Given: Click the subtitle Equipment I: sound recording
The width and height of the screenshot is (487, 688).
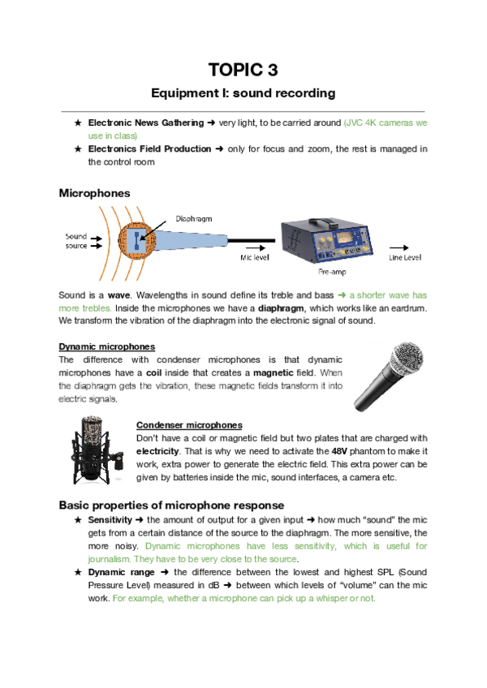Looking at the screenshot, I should tap(243, 93).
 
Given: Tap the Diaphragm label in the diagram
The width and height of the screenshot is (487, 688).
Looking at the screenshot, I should tap(195, 218).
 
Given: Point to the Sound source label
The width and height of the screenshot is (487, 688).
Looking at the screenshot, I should tap(76, 241).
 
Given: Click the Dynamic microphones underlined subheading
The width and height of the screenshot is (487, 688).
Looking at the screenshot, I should tap(107, 347).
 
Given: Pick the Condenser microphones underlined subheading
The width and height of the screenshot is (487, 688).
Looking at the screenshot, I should tap(189, 425).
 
